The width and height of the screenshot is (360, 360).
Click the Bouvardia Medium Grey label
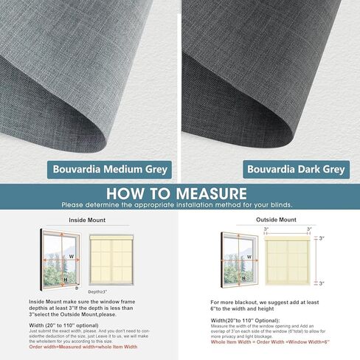coord(110,170)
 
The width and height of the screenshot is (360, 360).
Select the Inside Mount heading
coord(89,219)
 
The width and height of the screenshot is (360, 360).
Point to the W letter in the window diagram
coord(71,257)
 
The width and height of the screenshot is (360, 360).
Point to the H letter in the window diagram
coord(65,279)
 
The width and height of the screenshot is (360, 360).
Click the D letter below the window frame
coord(77,288)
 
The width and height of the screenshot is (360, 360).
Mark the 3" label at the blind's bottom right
coord(321,283)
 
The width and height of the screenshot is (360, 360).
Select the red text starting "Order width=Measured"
coord(83,346)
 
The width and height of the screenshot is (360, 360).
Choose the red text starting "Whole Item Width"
coord(268,342)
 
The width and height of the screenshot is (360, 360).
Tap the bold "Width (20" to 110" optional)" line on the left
coord(63,325)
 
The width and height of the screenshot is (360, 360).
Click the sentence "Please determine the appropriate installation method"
coord(177,204)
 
